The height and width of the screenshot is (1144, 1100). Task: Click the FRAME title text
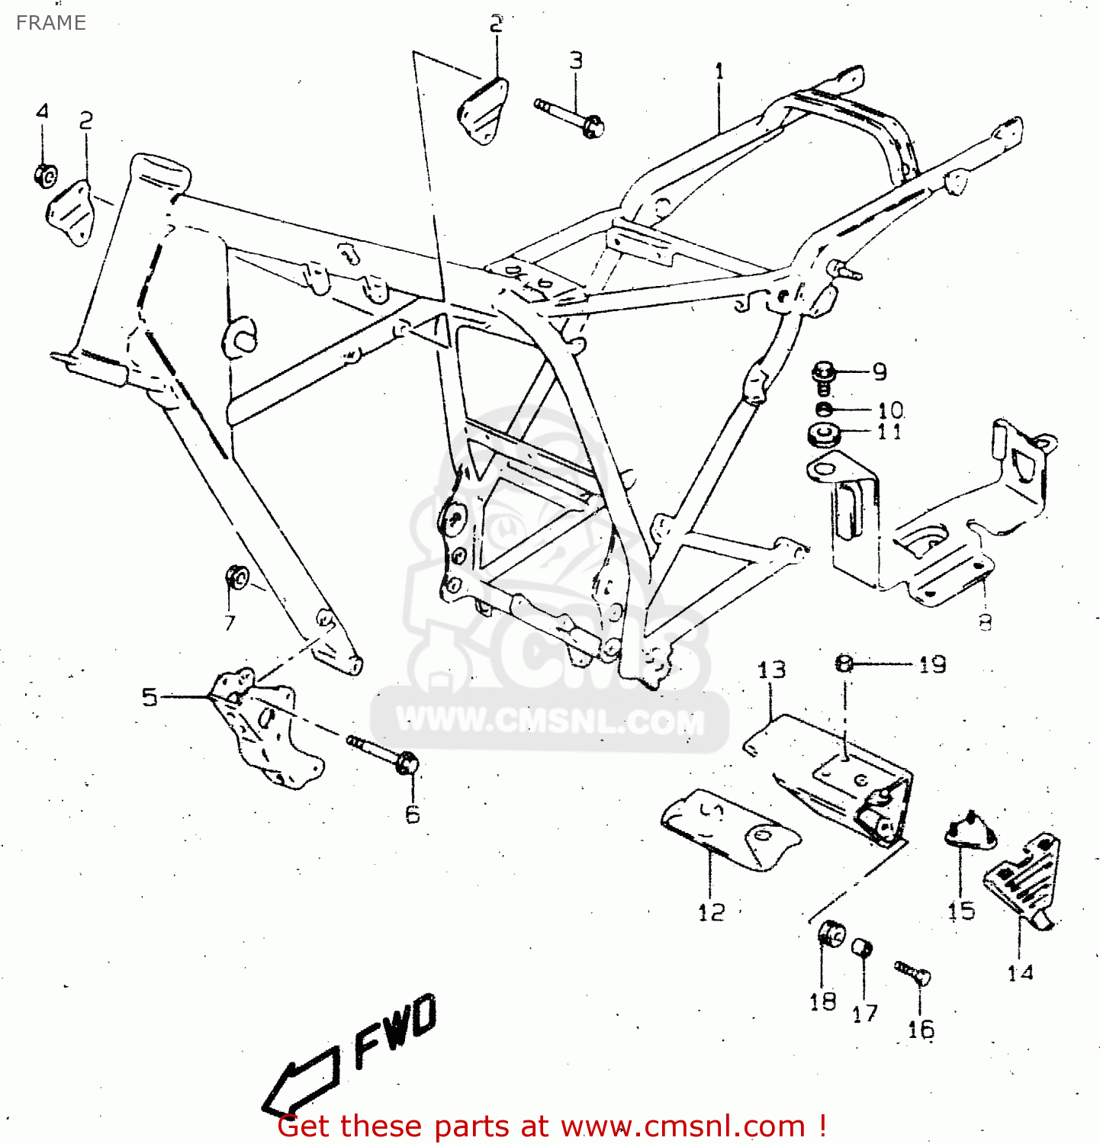(51, 23)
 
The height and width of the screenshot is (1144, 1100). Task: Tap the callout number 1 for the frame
(719, 72)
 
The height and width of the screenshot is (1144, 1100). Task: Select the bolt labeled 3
(571, 116)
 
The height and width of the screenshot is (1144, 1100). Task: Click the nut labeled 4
(45, 176)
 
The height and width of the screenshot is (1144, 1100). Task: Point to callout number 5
(150, 697)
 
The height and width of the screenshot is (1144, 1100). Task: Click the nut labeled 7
(236, 578)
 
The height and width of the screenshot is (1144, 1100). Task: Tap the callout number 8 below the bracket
(985, 622)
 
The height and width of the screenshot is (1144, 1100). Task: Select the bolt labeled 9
(824, 377)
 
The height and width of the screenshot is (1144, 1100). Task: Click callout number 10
(890, 411)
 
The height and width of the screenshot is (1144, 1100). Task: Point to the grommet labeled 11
(824, 434)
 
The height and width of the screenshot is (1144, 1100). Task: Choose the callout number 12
(711, 912)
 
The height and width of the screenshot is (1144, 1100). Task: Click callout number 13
(771, 670)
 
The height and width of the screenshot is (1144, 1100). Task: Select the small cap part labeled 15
(970, 831)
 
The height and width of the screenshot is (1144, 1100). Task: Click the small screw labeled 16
(912, 972)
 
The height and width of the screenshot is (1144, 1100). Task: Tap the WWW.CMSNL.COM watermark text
(549, 721)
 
